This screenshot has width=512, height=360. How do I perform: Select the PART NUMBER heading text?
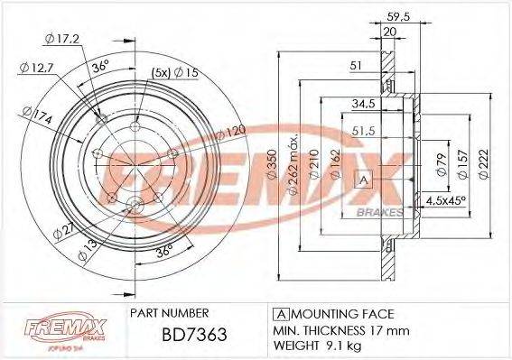pos(172,313)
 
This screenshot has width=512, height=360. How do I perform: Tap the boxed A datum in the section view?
pos(365,180)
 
